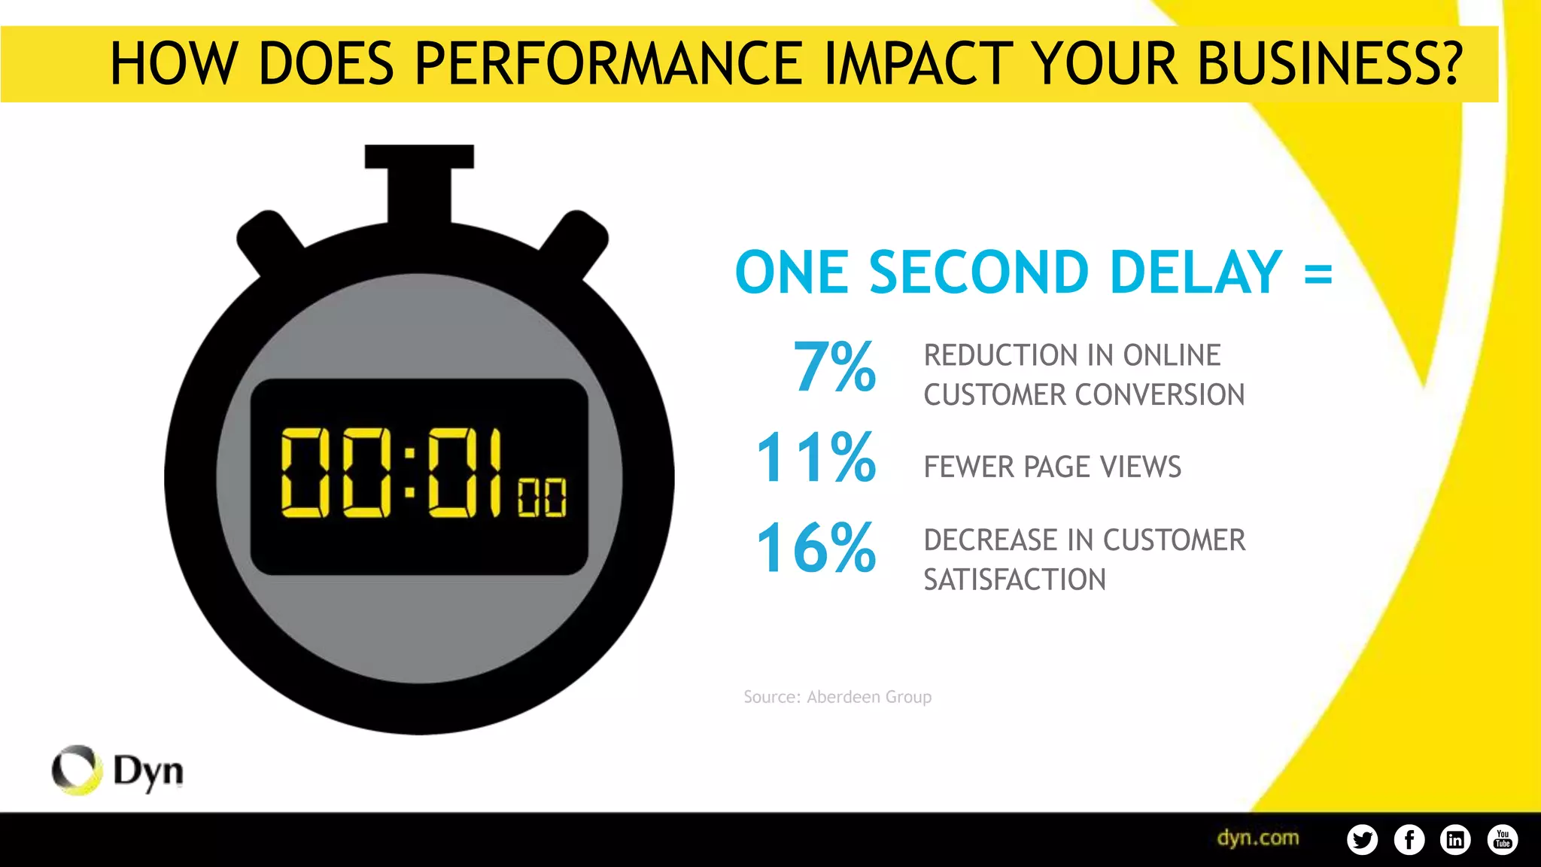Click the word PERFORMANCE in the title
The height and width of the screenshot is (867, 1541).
(607, 63)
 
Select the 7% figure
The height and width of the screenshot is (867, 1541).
(834, 367)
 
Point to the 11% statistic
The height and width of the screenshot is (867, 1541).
(816, 458)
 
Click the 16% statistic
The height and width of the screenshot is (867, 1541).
(816, 549)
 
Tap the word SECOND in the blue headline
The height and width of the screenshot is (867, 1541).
(978, 272)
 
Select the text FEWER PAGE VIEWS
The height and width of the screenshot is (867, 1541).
(1052, 467)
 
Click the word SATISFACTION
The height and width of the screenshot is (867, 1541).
(1014, 580)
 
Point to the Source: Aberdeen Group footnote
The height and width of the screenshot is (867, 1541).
(837, 697)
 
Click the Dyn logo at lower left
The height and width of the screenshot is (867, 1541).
(117, 771)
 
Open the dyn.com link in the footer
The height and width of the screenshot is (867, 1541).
(1257, 838)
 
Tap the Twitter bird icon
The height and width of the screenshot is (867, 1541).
(1362, 839)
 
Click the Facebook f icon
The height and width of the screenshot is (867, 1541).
(1409, 839)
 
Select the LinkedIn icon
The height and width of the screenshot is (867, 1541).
(1455, 839)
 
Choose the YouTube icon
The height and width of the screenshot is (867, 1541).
(1502, 839)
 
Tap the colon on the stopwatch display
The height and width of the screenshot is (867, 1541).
(410, 473)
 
